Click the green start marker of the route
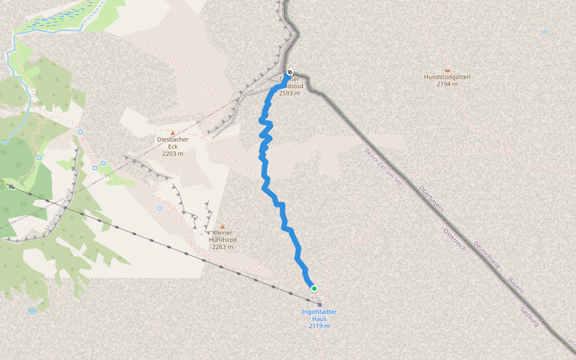314,289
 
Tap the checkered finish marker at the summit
289,73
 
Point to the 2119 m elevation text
319,326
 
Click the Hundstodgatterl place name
447,77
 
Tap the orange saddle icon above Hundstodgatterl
448,70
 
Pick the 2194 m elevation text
447,84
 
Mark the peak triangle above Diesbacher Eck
173,133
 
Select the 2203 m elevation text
173,154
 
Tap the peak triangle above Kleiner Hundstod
223,226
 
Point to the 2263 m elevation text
223,247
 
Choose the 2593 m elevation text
291,94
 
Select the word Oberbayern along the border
431,199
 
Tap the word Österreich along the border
455,240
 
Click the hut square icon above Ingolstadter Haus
320,305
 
